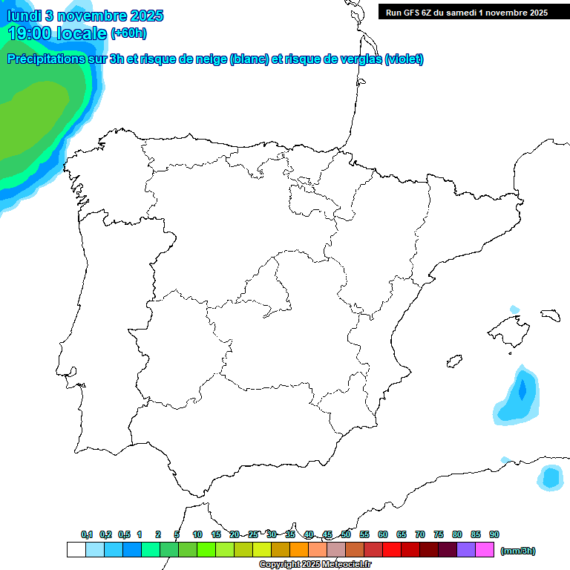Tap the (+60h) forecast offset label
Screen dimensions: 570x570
(x=128, y=33)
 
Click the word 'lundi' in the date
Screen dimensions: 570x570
(x=24, y=16)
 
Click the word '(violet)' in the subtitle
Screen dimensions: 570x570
(x=404, y=59)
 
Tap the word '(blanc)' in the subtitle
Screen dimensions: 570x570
(x=249, y=59)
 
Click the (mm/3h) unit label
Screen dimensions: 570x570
(x=517, y=550)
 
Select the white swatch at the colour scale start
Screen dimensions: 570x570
(x=76, y=550)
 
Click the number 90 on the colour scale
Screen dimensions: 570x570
(x=494, y=534)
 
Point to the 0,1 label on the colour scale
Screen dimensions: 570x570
(x=87, y=534)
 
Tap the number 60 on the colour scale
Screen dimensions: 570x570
(x=383, y=534)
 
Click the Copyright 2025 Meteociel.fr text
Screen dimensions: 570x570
(x=315, y=564)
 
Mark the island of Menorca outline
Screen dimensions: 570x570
(x=550, y=315)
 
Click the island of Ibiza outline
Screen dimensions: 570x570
(x=453, y=362)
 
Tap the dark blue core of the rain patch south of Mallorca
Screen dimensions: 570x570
(x=522, y=389)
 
